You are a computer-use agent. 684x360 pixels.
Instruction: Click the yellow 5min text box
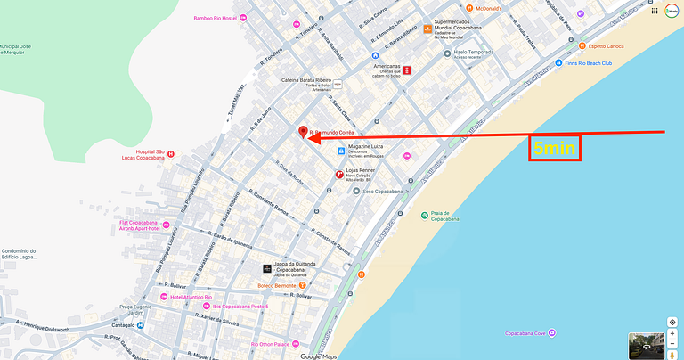[x=554, y=148]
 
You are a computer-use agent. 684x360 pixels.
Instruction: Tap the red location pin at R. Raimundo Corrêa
[x=303, y=133]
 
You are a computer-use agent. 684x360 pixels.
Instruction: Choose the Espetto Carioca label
[x=606, y=45]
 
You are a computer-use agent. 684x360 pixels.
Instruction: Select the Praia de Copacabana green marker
[x=424, y=215]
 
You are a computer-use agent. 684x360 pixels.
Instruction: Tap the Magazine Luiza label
[x=371, y=149]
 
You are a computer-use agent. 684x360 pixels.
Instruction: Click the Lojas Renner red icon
[x=338, y=175]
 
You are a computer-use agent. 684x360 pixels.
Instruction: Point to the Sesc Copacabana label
[x=379, y=191]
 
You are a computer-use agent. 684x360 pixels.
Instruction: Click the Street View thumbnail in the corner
[x=645, y=345]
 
